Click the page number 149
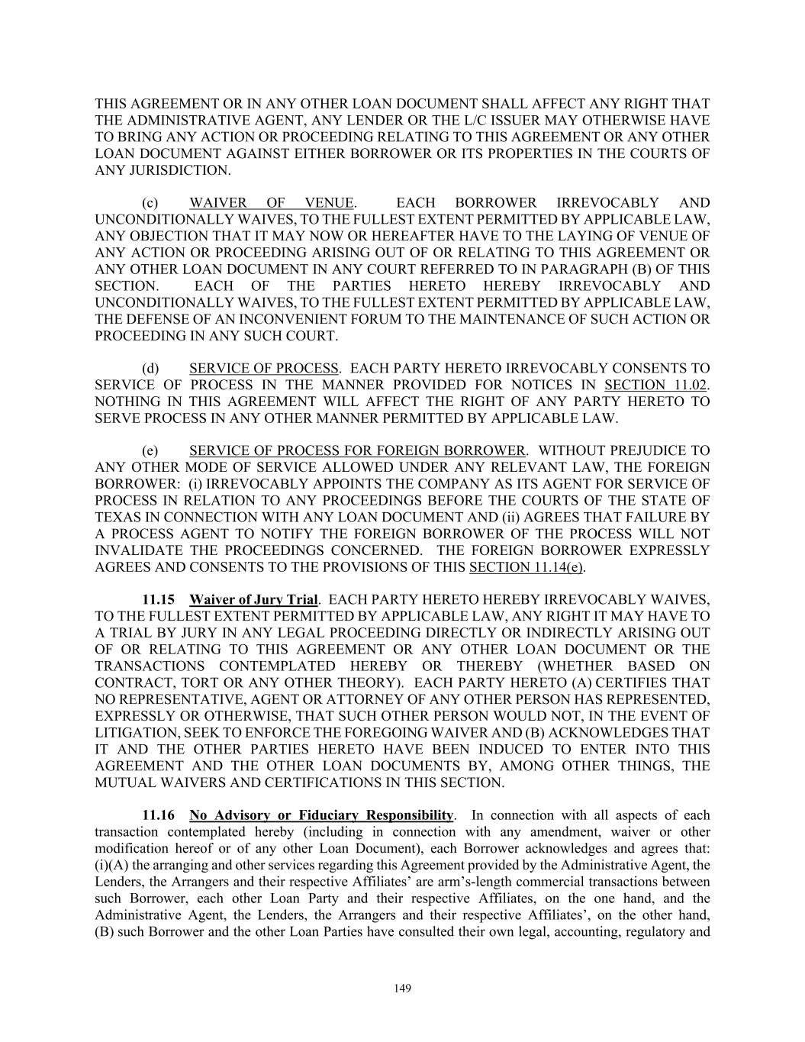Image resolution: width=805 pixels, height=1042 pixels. [403, 989]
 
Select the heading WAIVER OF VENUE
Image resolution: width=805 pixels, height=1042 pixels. [272, 203]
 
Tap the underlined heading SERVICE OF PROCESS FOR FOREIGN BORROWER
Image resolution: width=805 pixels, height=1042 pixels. [357, 450]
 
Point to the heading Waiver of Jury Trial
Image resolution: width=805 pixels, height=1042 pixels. [253, 599]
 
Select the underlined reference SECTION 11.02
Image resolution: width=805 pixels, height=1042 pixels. [655, 385]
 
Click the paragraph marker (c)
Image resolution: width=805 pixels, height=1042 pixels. [150, 203]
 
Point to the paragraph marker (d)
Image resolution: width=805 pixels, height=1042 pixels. [150, 368]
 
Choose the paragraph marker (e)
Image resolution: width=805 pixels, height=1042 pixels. [150, 450]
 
